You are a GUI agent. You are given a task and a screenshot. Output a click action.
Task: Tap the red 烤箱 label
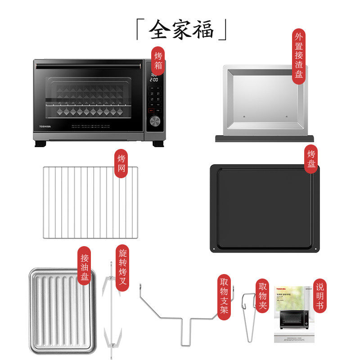pyautogui.click(x=158, y=61)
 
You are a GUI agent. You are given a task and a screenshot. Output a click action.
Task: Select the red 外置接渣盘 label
pyautogui.click(x=298, y=57)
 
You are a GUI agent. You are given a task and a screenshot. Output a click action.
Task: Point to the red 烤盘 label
pyautogui.click(x=311, y=159)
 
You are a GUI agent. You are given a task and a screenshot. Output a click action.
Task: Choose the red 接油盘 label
pyautogui.click(x=84, y=265)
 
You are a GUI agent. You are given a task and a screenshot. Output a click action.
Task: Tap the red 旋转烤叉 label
pyautogui.click(x=122, y=268)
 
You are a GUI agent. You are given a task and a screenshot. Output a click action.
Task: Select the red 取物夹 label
pyautogui.click(x=263, y=296)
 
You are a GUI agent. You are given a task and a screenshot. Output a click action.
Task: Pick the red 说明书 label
pyautogui.click(x=319, y=296)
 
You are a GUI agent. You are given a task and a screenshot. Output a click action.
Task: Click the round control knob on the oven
pyautogui.click(x=155, y=121)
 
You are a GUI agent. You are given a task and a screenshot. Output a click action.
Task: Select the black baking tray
pyautogui.click(x=264, y=207)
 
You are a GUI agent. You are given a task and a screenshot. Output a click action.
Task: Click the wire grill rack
pyautogui.click(x=90, y=202)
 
